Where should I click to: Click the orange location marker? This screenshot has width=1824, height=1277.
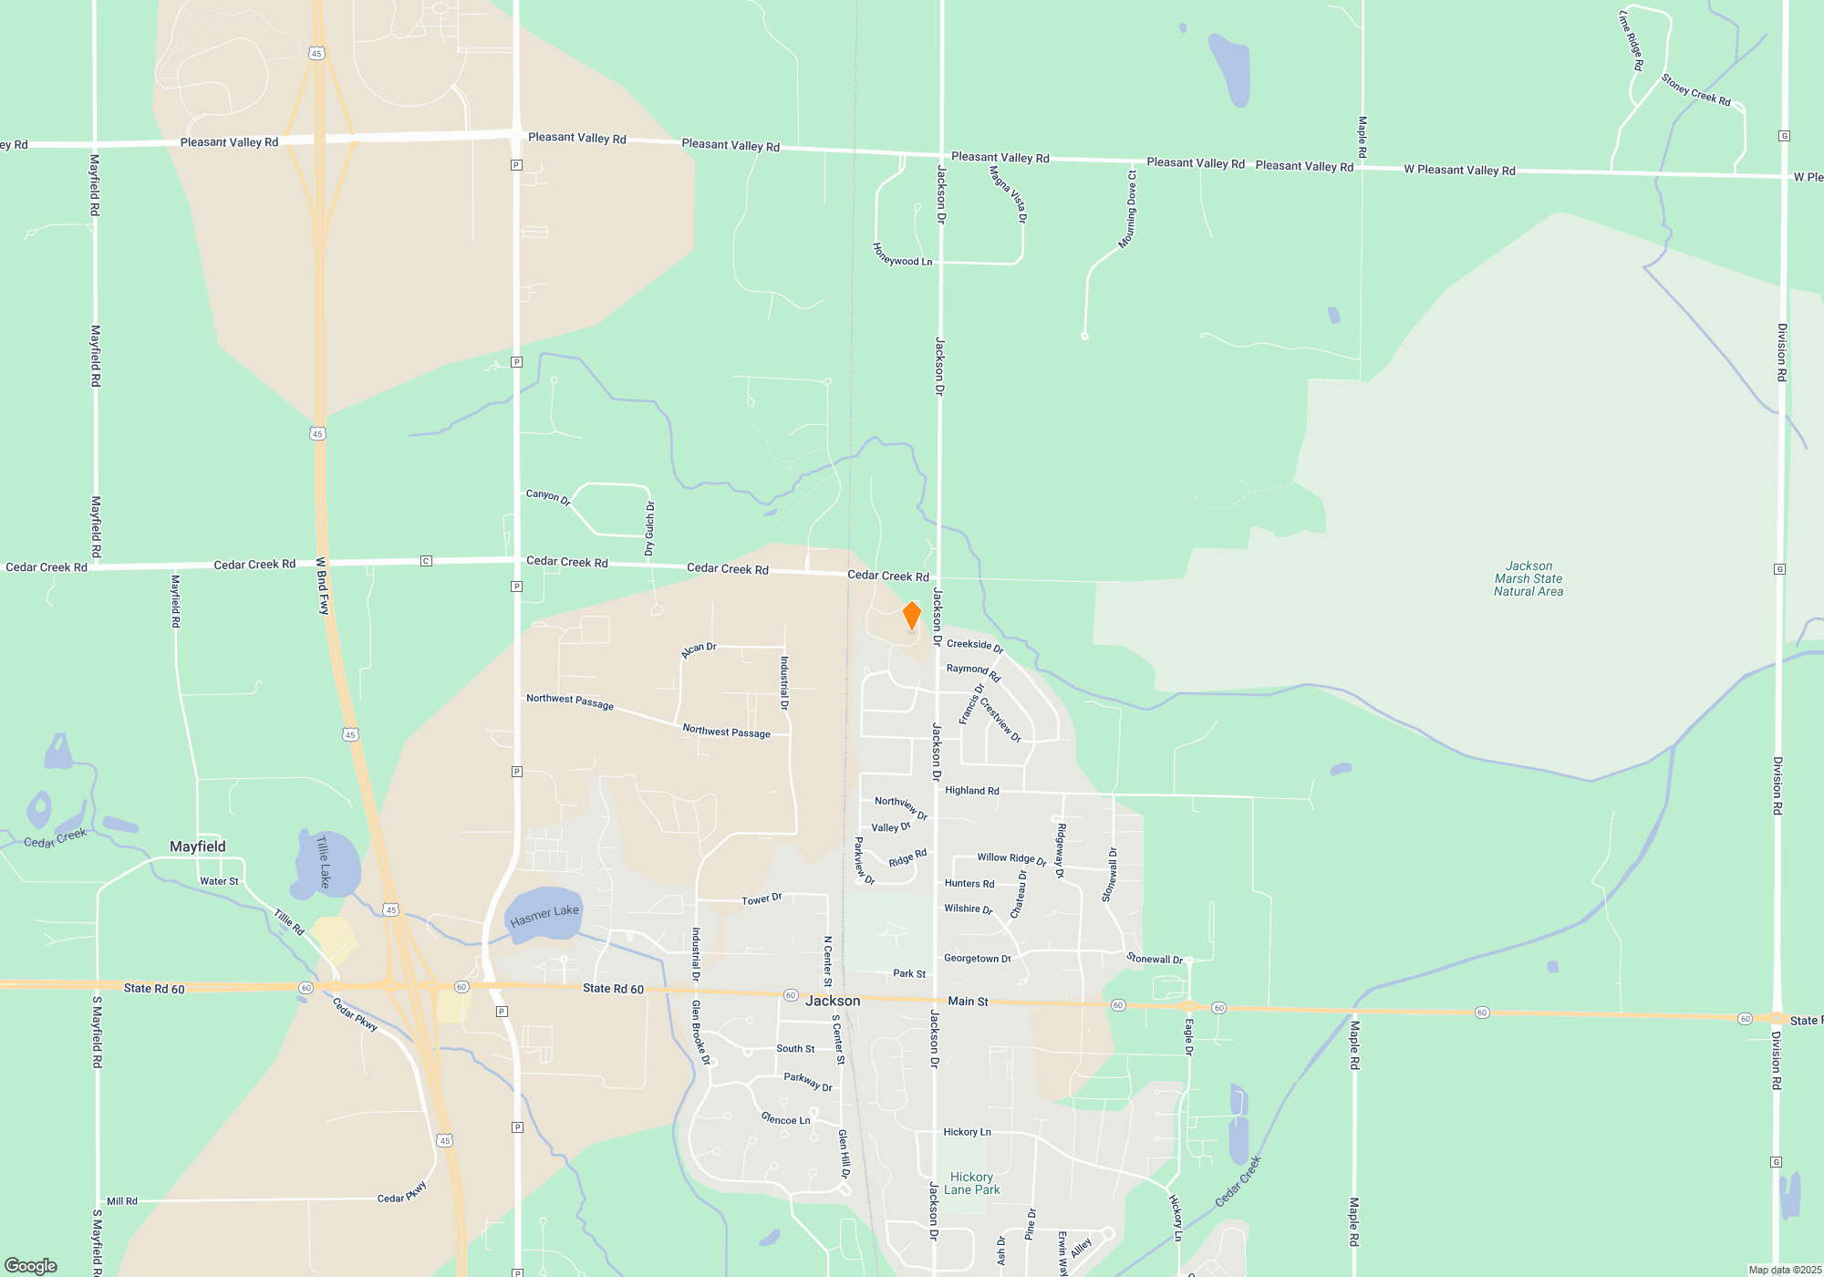click(911, 616)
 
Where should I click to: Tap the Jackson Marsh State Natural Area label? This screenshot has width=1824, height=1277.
click(1529, 579)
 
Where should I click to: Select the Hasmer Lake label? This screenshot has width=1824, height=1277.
click(544, 915)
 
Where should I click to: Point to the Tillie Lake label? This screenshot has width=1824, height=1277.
click(323, 862)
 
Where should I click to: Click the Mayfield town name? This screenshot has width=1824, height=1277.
click(198, 846)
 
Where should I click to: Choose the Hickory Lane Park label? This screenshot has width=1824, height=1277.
click(971, 1183)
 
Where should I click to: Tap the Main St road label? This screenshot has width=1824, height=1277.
click(968, 1002)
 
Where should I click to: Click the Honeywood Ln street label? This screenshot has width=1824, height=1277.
click(902, 255)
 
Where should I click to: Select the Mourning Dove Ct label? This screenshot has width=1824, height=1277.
click(1128, 210)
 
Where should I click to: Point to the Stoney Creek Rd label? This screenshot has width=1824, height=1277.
click(1695, 89)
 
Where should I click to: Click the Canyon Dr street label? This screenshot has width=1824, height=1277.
click(548, 497)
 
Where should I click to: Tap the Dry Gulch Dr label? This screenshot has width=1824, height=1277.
click(649, 528)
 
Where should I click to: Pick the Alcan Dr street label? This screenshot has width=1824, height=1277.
click(699, 649)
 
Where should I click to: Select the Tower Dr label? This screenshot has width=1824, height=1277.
click(762, 899)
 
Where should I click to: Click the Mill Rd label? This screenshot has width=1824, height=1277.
click(122, 1201)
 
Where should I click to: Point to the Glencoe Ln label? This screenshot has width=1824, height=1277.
click(785, 1119)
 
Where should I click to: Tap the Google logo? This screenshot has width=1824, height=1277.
click(31, 1265)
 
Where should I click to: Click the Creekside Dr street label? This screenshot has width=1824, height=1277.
click(974, 645)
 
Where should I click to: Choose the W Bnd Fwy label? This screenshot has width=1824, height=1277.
click(322, 587)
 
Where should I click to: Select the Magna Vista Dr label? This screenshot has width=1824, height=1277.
click(1008, 193)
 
